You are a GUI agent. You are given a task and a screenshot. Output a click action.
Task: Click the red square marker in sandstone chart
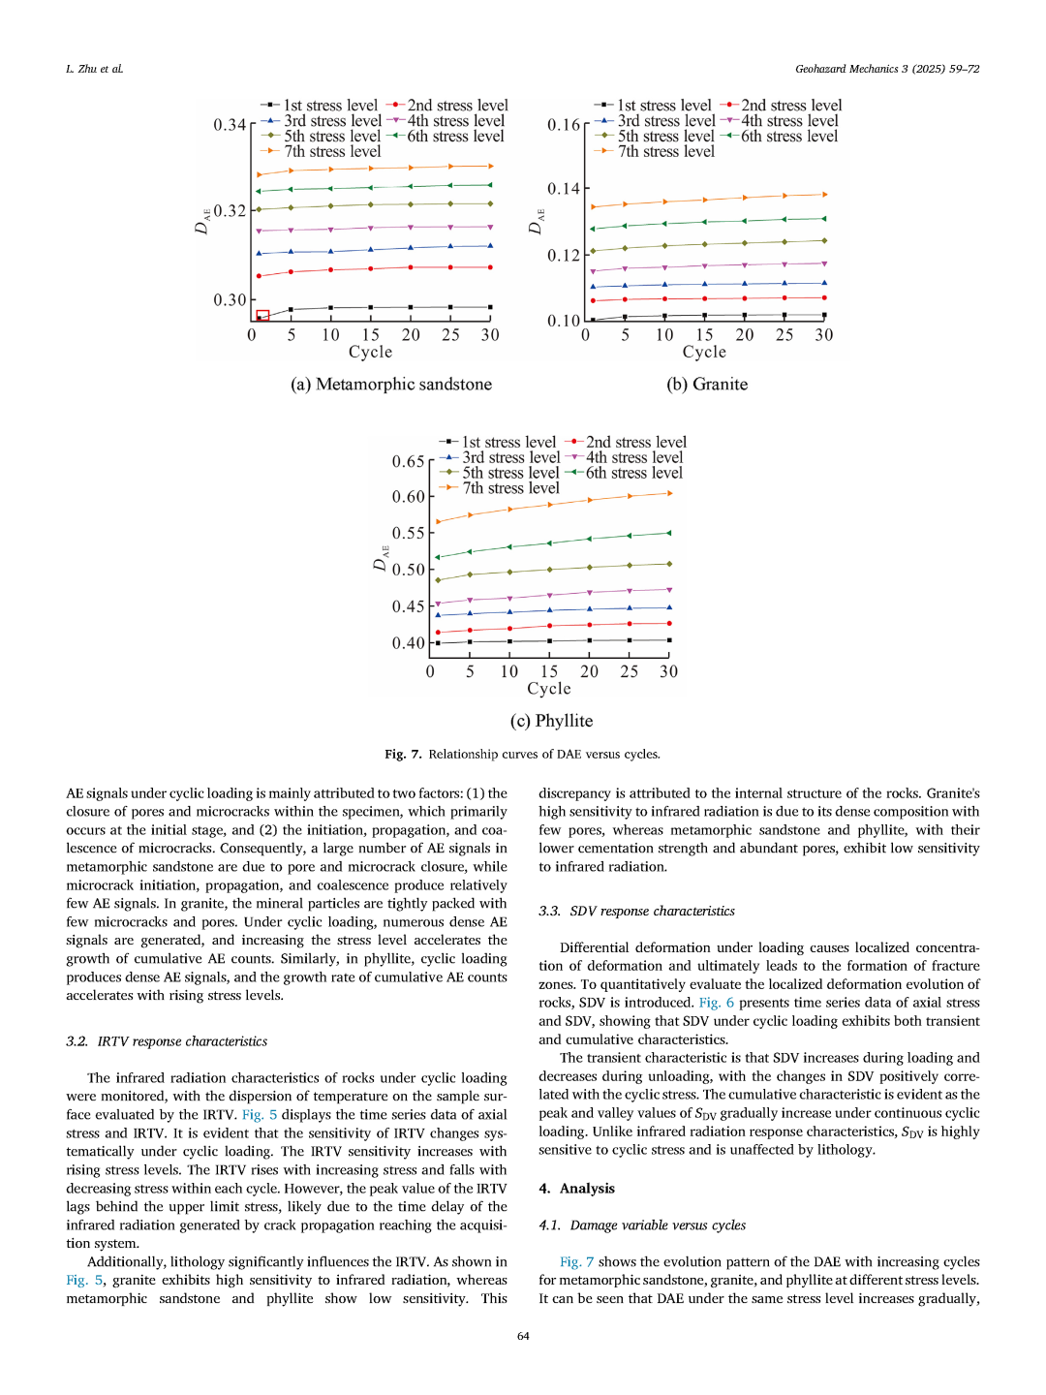[x=262, y=316]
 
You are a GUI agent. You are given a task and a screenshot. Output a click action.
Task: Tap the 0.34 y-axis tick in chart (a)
[x=230, y=125]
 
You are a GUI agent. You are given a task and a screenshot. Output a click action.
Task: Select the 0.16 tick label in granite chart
[x=564, y=125]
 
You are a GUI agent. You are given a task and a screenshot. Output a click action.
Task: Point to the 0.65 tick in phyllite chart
[x=408, y=461]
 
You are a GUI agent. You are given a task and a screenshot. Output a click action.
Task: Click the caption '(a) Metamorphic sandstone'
[x=391, y=385]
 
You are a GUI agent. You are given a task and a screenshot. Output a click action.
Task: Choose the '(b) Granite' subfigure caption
[x=707, y=385]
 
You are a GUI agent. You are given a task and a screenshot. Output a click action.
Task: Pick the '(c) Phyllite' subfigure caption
[x=551, y=721]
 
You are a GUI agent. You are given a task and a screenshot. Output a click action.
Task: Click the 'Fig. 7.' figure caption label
[x=403, y=754]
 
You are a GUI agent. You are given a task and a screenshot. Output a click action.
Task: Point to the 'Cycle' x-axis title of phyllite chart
[x=549, y=689]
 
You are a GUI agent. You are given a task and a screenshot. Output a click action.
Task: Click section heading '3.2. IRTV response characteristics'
[x=167, y=1041]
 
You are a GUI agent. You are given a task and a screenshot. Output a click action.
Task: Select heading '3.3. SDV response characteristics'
[x=636, y=912]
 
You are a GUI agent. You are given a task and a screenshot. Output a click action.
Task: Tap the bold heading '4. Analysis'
[x=576, y=1189]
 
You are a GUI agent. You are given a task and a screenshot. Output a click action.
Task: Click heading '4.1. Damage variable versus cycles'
[x=642, y=1225]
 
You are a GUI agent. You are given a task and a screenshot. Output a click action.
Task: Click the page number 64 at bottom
[x=523, y=1336]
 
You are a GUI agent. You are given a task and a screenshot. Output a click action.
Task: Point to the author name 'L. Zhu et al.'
[x=95, y=69]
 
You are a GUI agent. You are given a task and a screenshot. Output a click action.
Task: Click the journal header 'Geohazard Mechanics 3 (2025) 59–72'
[x=887, y=69]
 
